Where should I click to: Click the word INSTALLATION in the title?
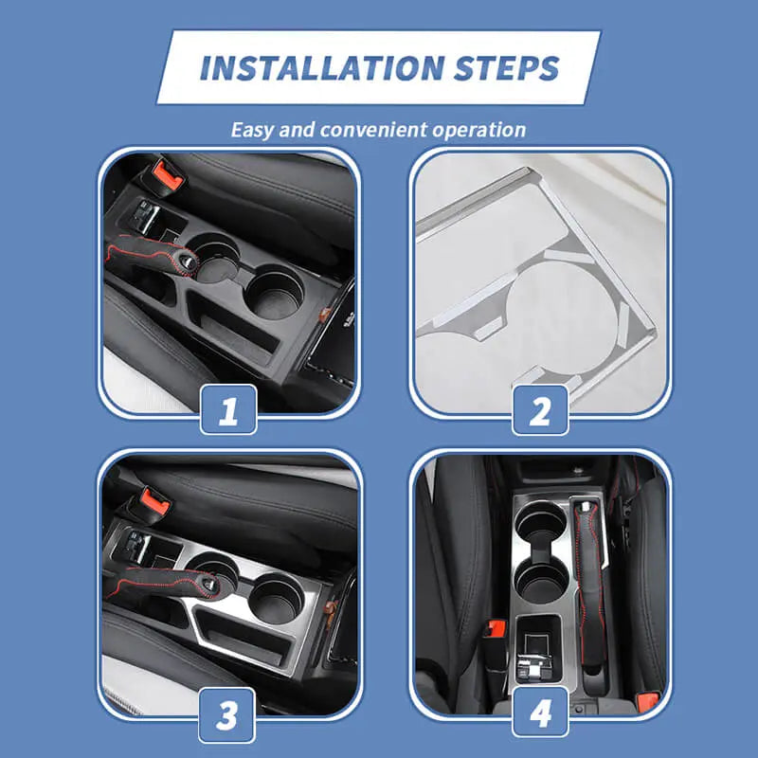pos(322,67)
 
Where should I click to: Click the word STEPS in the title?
pos(507,67)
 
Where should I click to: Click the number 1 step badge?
pos(228,409)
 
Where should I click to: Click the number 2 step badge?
pos(540,410)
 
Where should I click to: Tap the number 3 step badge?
pos(226,715)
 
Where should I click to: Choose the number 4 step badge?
pos(540,713)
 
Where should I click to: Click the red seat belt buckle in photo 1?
pos(168,175)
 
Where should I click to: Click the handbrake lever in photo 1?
pos(151,255)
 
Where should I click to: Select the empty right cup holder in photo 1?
pos(275,292)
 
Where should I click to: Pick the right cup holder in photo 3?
pos(277,599)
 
